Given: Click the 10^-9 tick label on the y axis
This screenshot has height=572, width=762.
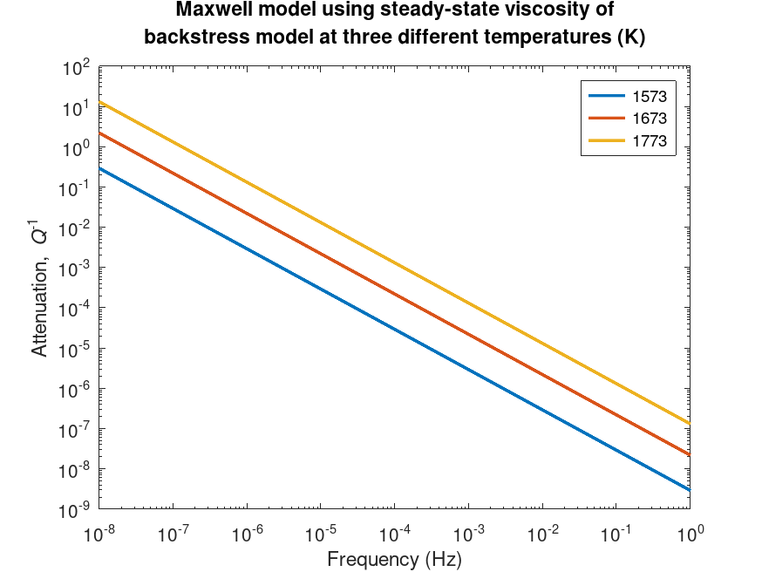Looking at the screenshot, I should point(75,510).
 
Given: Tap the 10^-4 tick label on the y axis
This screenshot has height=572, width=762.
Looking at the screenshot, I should point(75,310).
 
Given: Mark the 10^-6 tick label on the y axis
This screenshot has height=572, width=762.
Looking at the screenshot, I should point(75,390).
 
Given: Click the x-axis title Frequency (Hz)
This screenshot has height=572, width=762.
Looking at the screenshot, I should point(394,558).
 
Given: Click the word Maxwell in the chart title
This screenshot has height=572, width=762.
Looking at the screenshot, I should point(210,11).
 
